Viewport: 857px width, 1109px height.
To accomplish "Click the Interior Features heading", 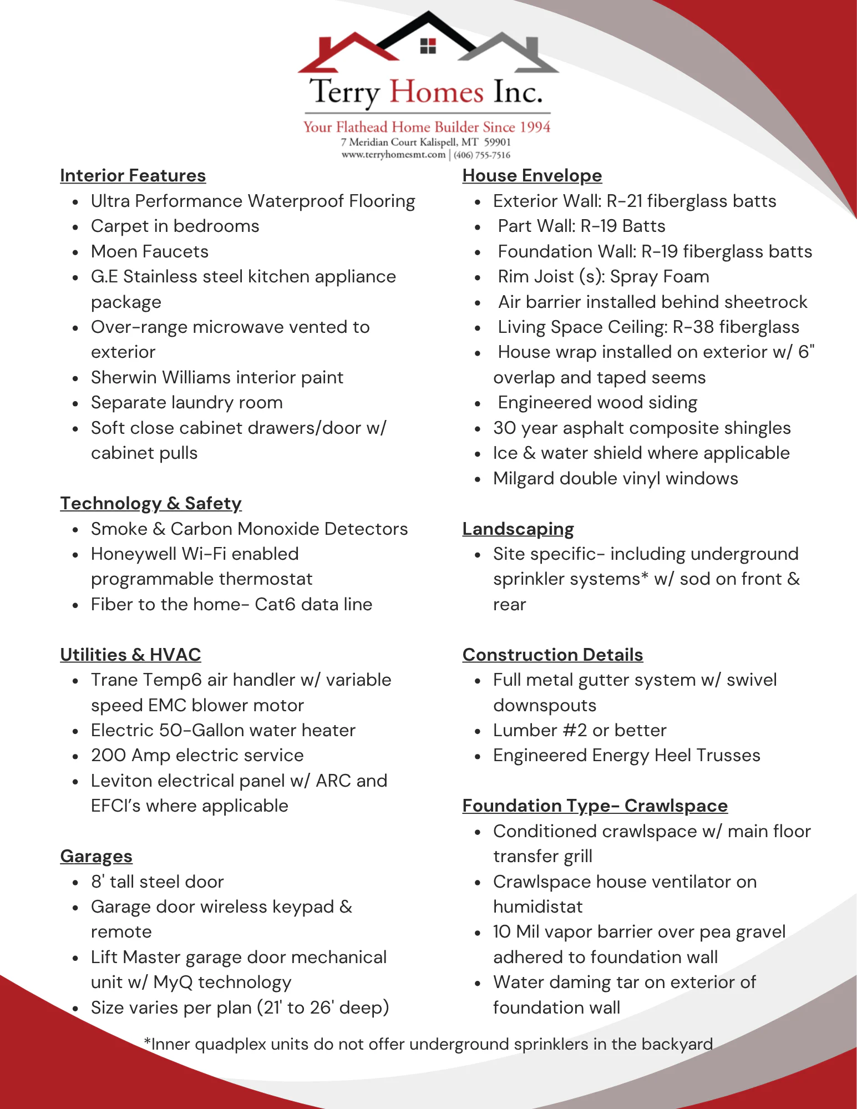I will click(x=133, y=176).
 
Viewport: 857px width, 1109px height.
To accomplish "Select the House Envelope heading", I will click(x=532, y=176).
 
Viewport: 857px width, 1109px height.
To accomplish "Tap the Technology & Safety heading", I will click(x=151, y=504).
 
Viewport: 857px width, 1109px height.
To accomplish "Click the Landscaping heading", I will click(x=518, y=529).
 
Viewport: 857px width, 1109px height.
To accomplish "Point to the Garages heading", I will click(x=96, y=857).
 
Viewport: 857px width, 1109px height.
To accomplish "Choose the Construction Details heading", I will click(x=552, y=655).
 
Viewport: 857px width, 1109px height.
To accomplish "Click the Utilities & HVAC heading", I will click(x=130, y=655).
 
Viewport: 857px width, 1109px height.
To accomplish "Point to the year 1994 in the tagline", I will click(x=535, y=127).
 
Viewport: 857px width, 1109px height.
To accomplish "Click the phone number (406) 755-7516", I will click(x=481, y=155).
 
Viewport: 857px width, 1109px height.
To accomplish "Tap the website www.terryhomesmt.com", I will click(x=393, y=155).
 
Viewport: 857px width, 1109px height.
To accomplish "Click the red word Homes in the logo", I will click(x=436, y=92).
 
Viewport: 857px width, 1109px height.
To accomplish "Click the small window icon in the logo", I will click(x=428, y=46).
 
